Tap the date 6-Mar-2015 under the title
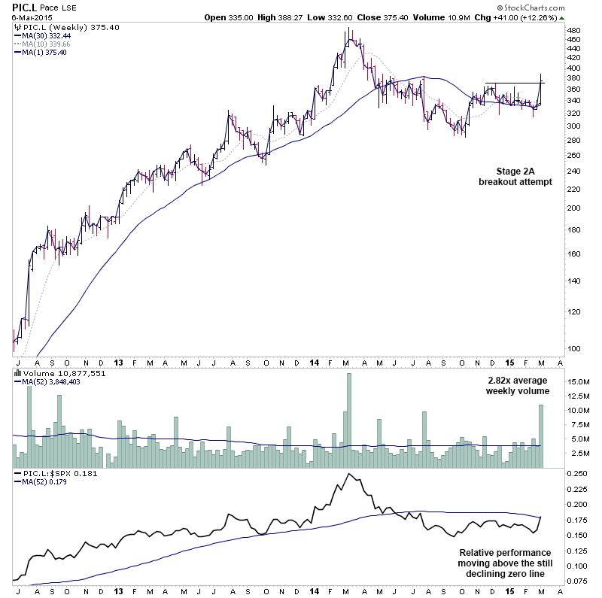click(x=26, y=17)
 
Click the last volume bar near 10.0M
click(x=540, y=436)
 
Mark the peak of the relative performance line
click(x=349, y=474)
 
